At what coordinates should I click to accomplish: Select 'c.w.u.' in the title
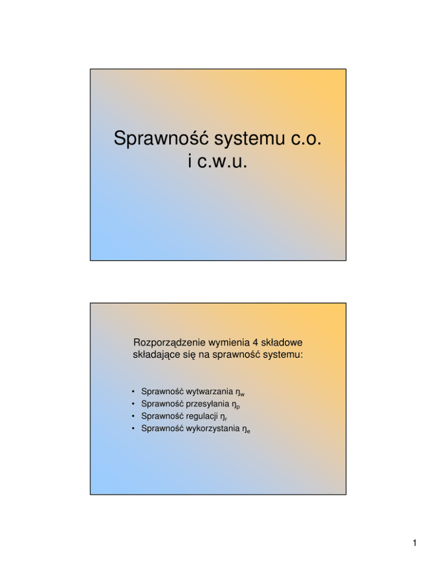pyautogui.click(x=218, y=162)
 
